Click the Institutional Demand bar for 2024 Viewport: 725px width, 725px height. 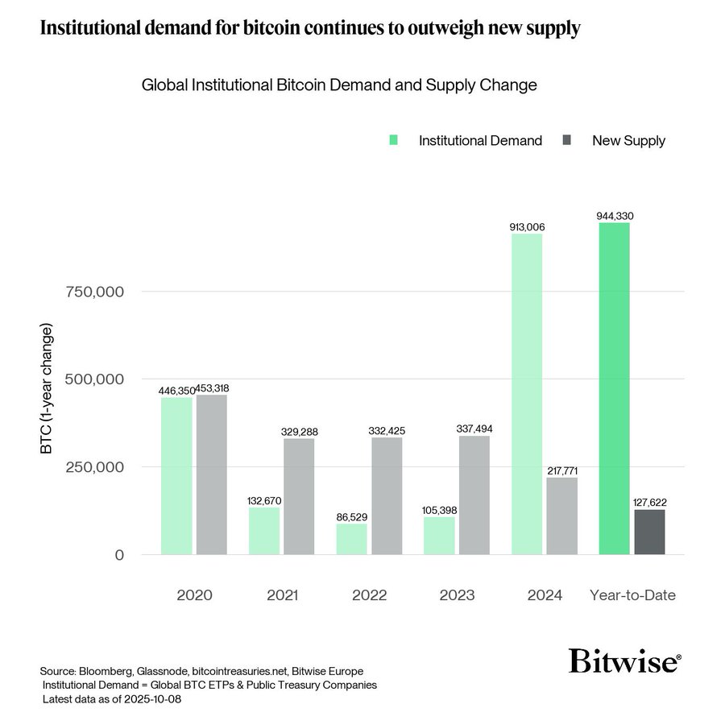[x=527, y=394]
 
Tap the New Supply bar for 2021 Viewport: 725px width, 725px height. [x=299, y=496]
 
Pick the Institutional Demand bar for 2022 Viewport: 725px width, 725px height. [x=351, y=539]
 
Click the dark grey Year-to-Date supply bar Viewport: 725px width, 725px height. [x=649, y=532]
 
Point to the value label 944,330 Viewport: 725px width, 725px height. [x=615, y=215]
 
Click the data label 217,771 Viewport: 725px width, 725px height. [x=562, y=470]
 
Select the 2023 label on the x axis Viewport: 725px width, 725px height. [x=457, y=596]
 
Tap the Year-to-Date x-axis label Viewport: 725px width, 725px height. [x=632, y=596]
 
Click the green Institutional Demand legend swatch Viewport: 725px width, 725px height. [x=393, y=141]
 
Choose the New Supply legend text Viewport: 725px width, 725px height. [x=628, y=141]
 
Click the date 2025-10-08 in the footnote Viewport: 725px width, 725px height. [x=155, y=698]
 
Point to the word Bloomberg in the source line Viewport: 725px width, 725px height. [x=106, y=671]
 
